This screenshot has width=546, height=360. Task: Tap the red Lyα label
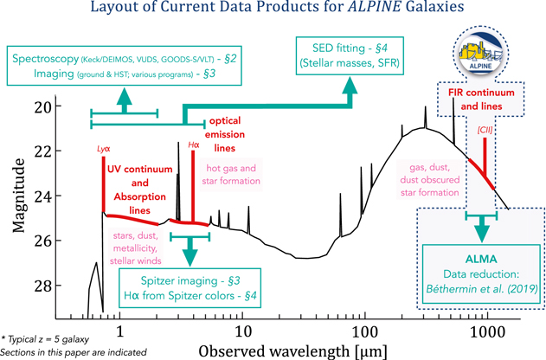coord(102,149)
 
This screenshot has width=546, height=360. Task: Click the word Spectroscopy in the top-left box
coord(47,61)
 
